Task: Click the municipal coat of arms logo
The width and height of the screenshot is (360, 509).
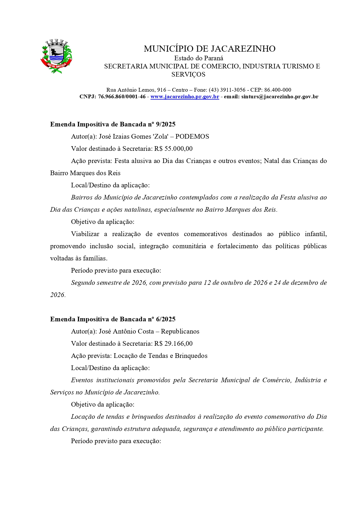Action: (56, 56)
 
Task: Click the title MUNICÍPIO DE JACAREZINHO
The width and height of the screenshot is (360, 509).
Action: (209, 49)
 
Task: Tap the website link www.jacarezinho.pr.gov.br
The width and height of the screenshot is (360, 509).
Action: (184, 97)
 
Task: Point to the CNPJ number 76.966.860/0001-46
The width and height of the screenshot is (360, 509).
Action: (122, 97)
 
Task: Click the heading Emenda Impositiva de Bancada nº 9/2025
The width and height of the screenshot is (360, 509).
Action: (113, 124)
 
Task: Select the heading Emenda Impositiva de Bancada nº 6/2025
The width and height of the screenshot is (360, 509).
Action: (113, 319)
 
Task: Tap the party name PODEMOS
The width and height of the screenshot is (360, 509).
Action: (192, 137)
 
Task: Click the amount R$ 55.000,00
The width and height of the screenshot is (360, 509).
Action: (173, 149)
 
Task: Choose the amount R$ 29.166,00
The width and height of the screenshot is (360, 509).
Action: (173, 344)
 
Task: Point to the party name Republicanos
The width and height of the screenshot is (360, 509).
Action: (180, 332)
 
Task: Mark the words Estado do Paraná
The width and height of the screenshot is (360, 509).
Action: (199, 58)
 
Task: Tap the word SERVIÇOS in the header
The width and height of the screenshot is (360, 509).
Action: (188, 75)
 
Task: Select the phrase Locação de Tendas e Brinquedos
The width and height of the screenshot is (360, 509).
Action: (160, 356)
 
